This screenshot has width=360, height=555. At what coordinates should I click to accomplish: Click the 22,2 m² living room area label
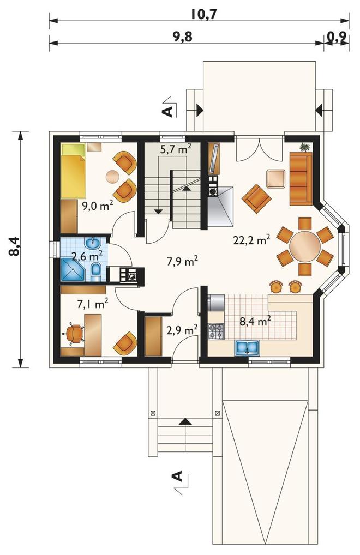coord(252,240)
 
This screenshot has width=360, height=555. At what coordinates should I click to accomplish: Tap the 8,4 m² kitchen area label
coord(255,322)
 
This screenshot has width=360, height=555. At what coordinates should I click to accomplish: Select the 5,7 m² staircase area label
coord(176,149)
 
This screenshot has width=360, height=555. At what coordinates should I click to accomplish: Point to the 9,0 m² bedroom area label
coord(97,206)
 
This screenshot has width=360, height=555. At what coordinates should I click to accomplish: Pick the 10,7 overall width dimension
coord(203,14)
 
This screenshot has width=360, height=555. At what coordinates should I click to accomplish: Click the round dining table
coord(305,246)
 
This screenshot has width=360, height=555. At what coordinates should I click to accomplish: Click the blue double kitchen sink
coord(248,347)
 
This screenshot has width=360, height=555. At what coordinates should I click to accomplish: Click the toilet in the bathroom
coord(95,272)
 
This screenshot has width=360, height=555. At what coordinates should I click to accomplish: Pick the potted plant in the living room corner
coord(304,147)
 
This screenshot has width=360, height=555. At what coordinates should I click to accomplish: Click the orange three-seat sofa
coord(301,179)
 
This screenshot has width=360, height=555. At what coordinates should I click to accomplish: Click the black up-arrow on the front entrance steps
coord(184,421)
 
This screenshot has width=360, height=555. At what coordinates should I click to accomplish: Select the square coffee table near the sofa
coord(276,179)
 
